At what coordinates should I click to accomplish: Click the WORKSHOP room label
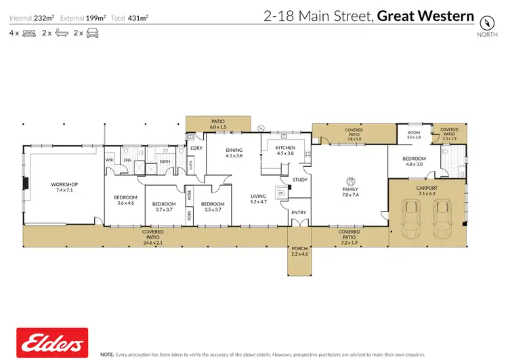[65, 184]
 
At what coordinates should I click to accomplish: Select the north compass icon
[485, 22]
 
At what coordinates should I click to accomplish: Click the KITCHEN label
[285, 147]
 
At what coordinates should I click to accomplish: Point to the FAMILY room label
[350, 189]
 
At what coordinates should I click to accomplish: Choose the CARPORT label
[427, 188]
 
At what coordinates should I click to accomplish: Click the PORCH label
[299, 248]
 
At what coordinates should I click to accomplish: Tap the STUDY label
[299, 180]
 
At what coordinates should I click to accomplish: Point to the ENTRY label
[299, 212]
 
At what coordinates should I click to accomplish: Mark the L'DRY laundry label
[197, 148]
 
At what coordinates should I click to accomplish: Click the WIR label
[109, 160]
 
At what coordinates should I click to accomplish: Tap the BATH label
[164, 161]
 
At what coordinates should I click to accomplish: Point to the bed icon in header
[28, 33]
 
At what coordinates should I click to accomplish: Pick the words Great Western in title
[425, 16]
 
